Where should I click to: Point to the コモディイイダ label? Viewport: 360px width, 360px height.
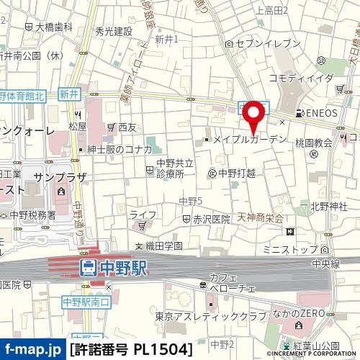pos(302,78)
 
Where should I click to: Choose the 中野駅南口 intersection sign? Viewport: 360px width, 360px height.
pos(84,301)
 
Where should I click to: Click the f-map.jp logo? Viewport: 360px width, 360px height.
pos(32,350)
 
